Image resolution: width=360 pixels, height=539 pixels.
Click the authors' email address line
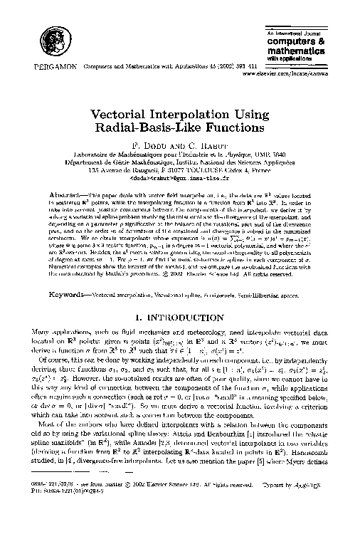[179, 179]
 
